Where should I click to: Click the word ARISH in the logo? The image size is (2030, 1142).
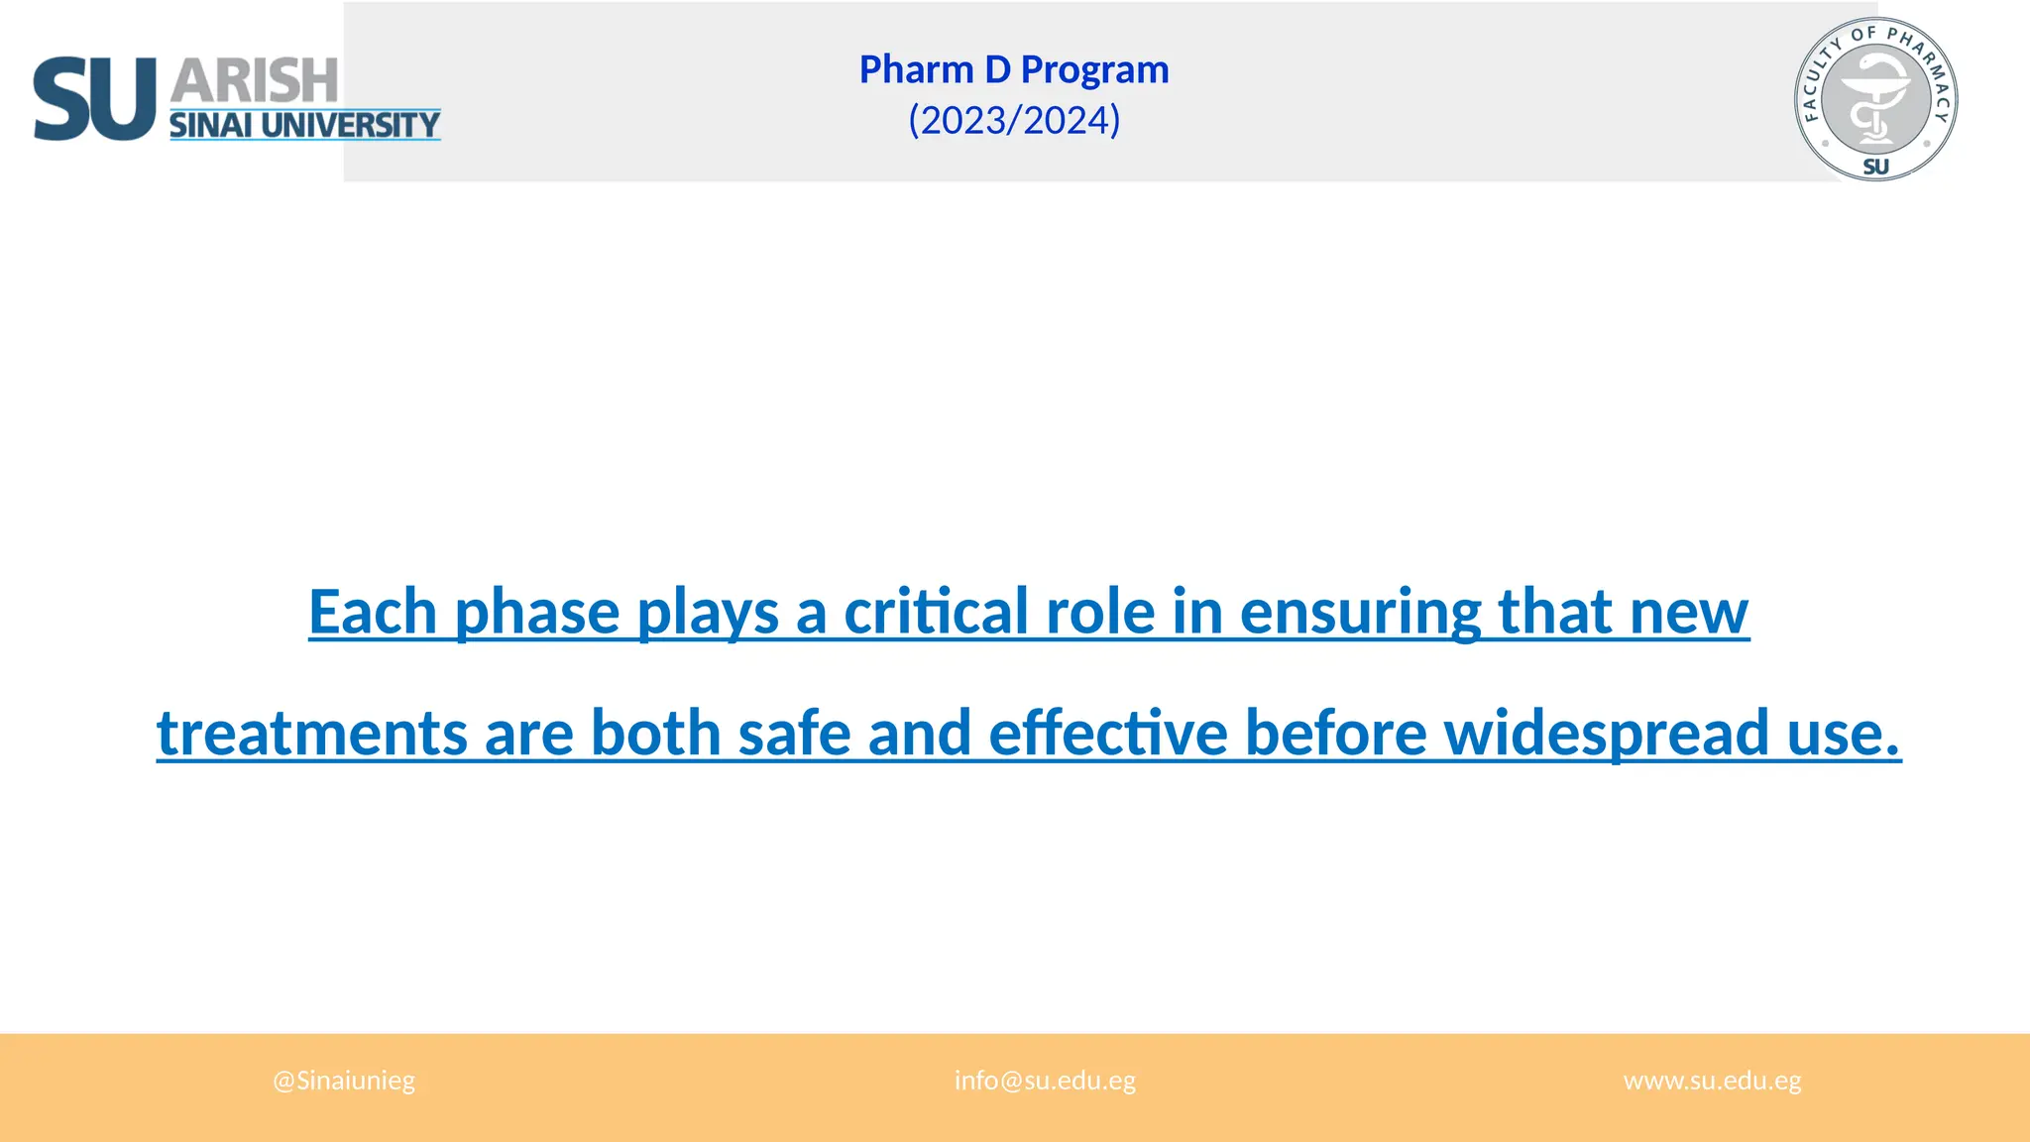(x=255, y=81)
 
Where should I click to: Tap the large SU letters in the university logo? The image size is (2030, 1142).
(x=94, y=99)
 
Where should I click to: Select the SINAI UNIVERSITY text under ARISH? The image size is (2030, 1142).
(x=304, y=125)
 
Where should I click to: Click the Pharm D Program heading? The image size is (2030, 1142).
(x=1014, y=69)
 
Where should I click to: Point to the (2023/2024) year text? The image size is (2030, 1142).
(x=1014, y=120)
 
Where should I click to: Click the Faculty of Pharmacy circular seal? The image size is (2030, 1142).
(x=1875, y=99)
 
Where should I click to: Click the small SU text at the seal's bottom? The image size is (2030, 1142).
(x=1875, y=167)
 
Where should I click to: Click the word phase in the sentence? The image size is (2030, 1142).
(x=537, y=613)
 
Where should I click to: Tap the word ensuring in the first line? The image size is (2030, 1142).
(x=1360, y=613)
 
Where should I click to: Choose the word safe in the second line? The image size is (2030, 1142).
(x=794, y=734)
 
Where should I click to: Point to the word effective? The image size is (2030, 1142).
(x=1108, y=734)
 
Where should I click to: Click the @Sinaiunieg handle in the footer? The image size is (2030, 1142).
(x=344, y=1081)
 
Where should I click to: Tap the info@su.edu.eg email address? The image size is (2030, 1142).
(x=1045, y=1081)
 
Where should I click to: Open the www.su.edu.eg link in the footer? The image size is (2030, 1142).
(x=1712, y=1081)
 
